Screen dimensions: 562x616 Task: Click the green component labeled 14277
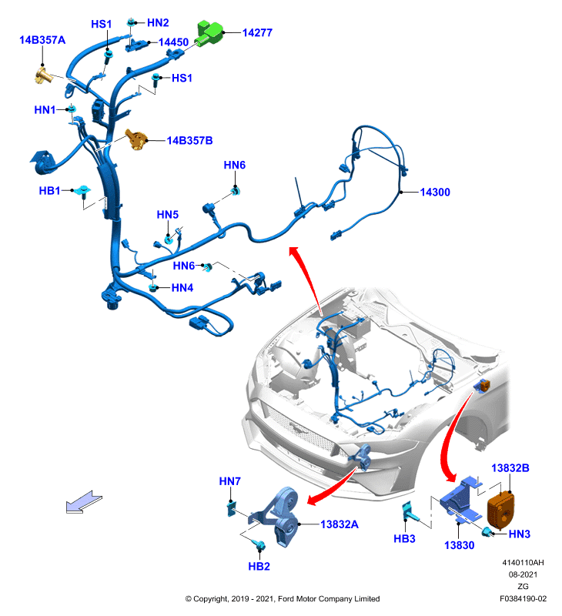point(209,33)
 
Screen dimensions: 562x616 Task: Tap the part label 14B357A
point(42,40)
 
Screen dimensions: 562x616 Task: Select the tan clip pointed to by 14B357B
point(136,140)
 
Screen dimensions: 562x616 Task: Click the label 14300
point(435,192)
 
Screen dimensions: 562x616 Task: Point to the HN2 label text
point(158,23)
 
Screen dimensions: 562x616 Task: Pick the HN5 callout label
point(168,215)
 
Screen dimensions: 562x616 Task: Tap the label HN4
point(182,287)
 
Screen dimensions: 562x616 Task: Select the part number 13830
point(459,545)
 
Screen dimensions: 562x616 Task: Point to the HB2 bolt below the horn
point(259,544)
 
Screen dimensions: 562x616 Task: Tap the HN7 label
point(229,481)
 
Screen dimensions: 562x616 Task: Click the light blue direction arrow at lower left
point(84,502)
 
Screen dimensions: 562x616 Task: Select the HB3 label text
point(404,538)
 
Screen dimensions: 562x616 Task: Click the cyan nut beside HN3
point(487,532)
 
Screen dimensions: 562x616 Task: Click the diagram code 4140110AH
point(523,563)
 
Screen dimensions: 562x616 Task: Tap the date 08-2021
point(523,574)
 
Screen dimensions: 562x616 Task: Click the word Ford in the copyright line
point(287,599)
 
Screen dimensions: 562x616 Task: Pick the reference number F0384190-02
point(523,599)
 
